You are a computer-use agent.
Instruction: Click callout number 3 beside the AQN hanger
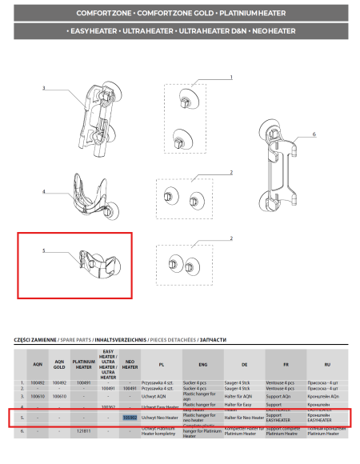click(x=44, y=88)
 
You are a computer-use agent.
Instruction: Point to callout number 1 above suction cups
click(x=230, y=78)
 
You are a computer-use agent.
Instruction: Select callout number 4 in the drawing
click(x=44, y=192)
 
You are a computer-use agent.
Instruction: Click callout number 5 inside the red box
click(x=44, y=250)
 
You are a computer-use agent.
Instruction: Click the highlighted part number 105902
click(x=130, y=417)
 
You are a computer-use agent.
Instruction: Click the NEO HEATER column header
click(x=130, y=364)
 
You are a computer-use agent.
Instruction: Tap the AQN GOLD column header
click(x=59, y=364)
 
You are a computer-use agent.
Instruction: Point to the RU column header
click(x=327, y=364)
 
